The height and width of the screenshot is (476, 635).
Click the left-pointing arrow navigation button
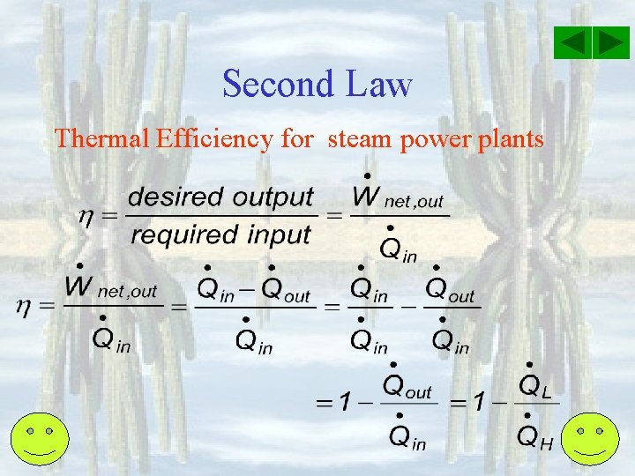coord(574,43)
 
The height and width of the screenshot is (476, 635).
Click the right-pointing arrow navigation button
coord(610,43)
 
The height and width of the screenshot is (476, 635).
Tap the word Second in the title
coord(276,85)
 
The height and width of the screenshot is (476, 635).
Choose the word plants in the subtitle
coord(512,138)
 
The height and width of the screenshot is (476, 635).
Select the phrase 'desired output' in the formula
coord(220,197)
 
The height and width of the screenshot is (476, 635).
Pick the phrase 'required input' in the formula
coord(220,234)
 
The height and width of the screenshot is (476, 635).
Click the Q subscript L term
coord(534,385)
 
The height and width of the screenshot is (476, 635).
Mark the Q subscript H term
coord(534,435)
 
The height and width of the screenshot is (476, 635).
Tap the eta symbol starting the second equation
coord(26,306)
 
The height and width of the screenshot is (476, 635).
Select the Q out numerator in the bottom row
coord(407,385)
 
